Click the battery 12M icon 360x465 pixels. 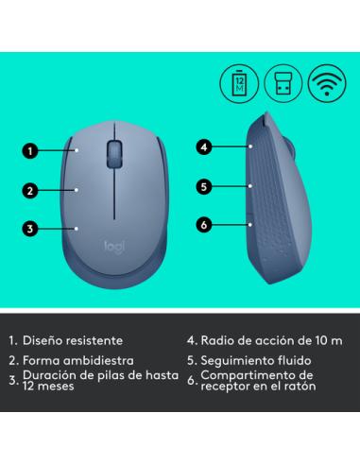coord(237,81)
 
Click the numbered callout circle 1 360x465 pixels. coord(30,148)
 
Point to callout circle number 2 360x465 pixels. coord(30,189)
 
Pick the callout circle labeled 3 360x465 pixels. coord(30,228)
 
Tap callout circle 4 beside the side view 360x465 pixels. coord(203,146)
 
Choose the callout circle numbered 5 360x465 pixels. coord(203,186)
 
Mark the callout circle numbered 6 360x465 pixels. coord(203,224)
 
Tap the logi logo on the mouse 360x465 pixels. coord(113,245)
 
